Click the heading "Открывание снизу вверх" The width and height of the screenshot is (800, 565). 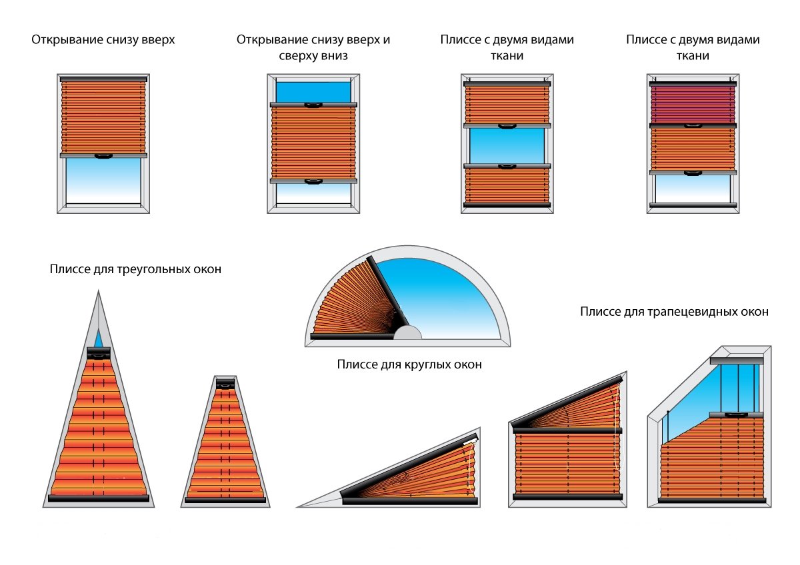pos(103,40)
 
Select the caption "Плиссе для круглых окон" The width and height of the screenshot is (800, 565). pos(409,364)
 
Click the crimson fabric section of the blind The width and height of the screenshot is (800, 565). pos(693,103)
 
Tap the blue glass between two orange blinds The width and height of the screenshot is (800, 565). pos(507,145)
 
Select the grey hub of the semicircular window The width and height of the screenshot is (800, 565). pos(407,334)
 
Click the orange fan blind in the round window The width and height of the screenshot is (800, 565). pos(347,300)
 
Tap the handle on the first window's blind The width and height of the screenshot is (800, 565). pos(103,156)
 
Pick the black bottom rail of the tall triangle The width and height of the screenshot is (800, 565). pos(99,498)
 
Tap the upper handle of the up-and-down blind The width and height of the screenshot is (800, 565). pos(313,105)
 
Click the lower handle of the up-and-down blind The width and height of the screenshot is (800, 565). pos(313,181)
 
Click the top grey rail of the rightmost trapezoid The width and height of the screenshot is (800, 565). pos(736,360)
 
